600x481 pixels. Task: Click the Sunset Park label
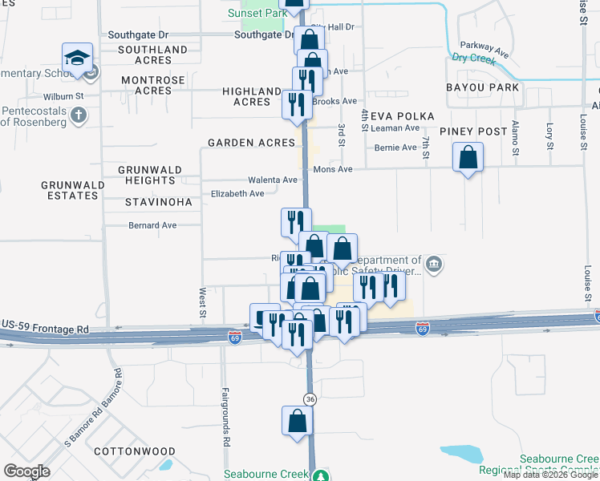256,14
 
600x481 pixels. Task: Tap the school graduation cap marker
77,58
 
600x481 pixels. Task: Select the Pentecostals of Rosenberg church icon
79,115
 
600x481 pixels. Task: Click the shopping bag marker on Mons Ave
468,157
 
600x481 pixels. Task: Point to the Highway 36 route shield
310,398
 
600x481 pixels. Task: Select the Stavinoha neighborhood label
159,202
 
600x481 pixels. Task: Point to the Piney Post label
473,131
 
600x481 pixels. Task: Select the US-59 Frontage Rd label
45,329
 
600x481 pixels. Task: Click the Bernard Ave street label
152,225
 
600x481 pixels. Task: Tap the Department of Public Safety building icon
433,264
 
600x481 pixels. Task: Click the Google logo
27,471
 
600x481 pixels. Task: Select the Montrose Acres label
158,86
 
